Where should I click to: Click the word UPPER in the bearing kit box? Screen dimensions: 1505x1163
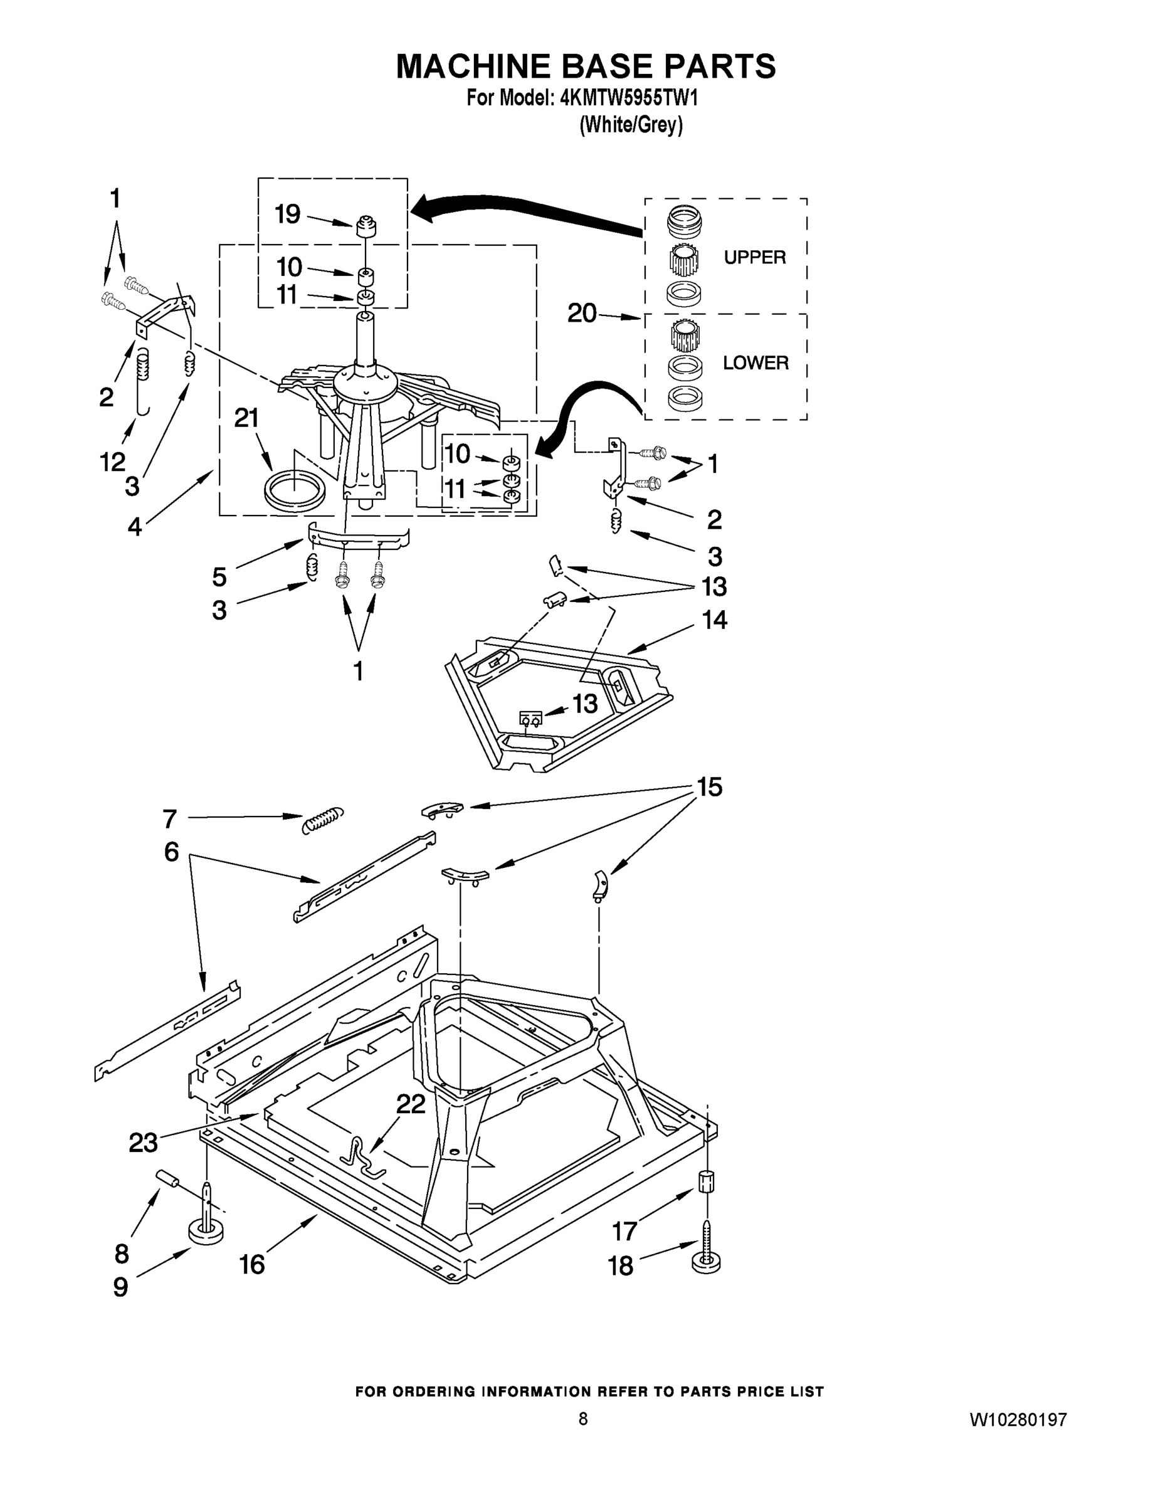point(754,257)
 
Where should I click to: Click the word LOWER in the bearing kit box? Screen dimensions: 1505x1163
point(755,362)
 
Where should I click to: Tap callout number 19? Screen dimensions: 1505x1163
point(287,214)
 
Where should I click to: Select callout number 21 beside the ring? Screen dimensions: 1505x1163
point(246,418)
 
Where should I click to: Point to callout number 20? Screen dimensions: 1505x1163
point(582,314)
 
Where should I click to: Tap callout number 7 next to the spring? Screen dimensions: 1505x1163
point(170,818)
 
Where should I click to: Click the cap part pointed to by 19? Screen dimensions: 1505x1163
point(368,225)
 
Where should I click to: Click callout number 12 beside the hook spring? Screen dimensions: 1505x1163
point(113,462)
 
